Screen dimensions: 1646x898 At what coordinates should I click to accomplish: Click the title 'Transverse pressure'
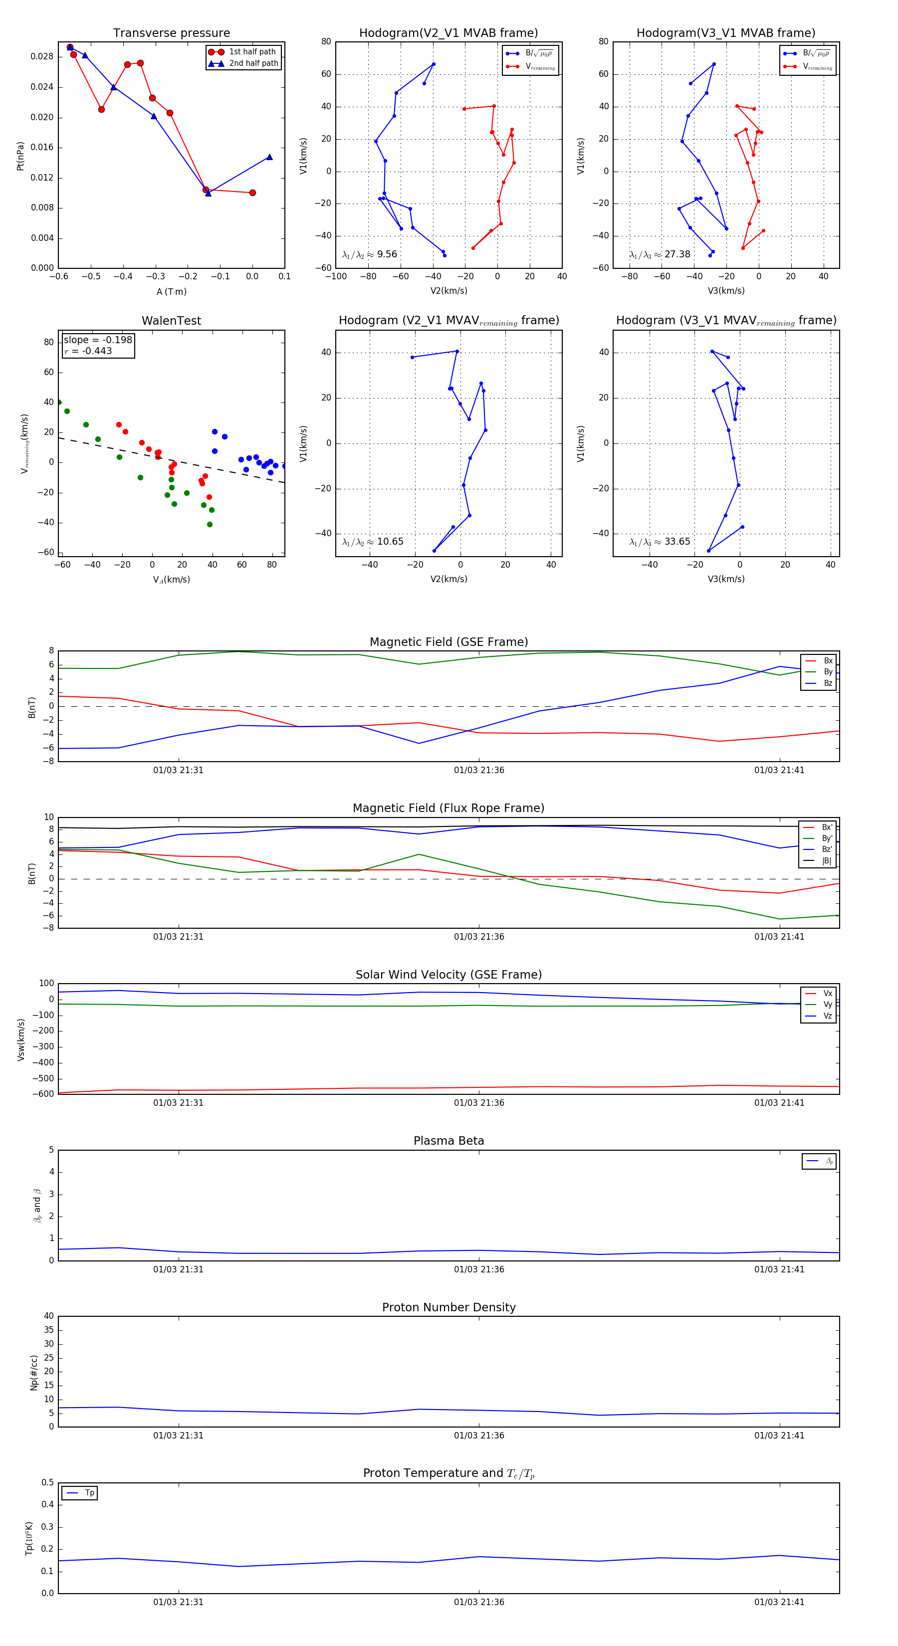coord(171,33)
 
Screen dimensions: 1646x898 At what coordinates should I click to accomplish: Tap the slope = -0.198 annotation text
coord(98,340)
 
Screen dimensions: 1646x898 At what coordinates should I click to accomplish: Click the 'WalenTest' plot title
coord(171,321)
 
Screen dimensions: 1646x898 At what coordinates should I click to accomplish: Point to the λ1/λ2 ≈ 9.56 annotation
coord(369,254)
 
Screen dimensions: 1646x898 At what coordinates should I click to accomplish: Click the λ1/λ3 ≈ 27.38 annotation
coord(660,254)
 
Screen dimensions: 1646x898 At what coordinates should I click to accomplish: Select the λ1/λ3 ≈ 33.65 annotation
coord(660,542)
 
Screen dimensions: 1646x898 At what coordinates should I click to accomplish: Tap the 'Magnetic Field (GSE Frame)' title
coord(449,642)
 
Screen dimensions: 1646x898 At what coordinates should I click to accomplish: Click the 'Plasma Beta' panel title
coord(449,1141)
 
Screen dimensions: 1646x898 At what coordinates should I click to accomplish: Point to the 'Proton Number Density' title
coord(449,1307)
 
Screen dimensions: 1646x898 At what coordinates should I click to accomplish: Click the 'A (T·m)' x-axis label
coord(171,292)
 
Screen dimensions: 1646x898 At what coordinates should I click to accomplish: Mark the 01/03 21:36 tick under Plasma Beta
coord(479,1269)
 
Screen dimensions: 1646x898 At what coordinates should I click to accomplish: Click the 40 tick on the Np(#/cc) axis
coord(48,1316)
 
